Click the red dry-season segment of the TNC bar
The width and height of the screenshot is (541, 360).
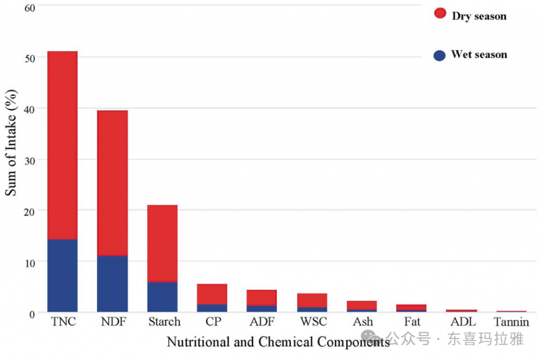point(62,145)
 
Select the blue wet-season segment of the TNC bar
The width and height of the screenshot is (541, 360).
point(62,275)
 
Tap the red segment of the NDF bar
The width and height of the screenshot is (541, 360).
point(113,183)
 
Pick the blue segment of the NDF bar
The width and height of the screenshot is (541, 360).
point(113,284)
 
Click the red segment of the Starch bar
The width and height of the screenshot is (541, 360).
point(162,243)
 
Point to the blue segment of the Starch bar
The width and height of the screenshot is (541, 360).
point(162,297)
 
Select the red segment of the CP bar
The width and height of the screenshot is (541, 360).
point(212,294)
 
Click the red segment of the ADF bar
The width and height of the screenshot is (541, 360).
point(262,298)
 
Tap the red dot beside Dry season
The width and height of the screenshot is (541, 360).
point(440,13)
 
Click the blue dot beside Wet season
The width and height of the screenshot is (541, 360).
point(440,55)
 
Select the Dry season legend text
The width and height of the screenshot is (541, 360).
point(479,16)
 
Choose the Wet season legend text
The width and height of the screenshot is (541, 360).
point(479,54)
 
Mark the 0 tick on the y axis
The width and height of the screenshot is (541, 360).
point(32,313)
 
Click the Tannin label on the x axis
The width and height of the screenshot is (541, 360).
point(511,322)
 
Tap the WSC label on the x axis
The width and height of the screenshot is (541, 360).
point(313,322)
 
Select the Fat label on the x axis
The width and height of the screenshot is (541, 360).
point(412,322)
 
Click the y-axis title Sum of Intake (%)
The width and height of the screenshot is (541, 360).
point(12,144)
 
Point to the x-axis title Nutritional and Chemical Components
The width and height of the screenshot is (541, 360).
point(278,342)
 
